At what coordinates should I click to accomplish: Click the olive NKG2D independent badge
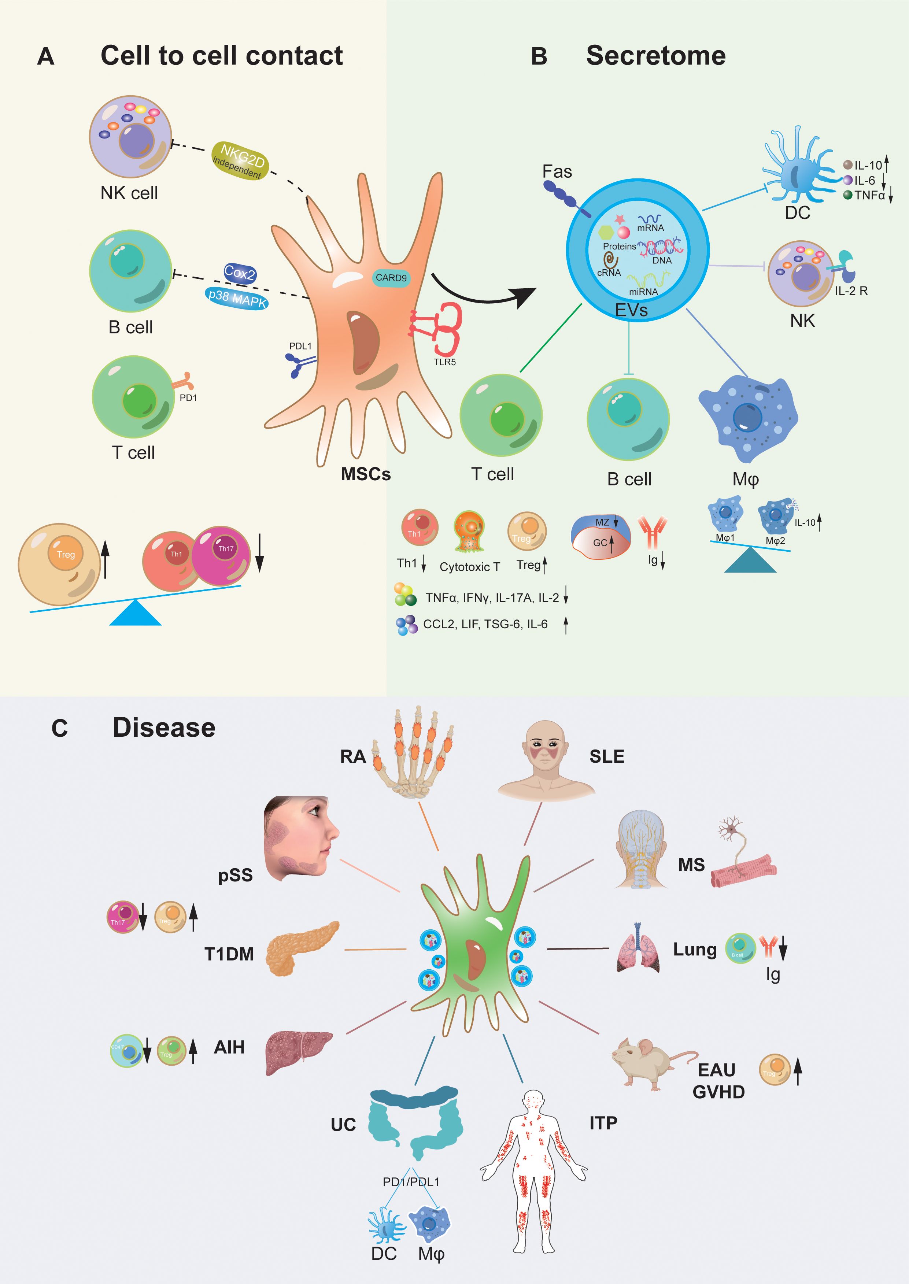click(240, 161)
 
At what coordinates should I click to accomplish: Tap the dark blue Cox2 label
click(240, 273)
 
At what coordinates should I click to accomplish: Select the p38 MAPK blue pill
click(237, 298)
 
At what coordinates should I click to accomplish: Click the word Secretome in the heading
click(655, 56)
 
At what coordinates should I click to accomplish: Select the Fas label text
click(557, 172)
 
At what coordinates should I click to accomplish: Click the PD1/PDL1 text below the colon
click(411, 1181)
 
